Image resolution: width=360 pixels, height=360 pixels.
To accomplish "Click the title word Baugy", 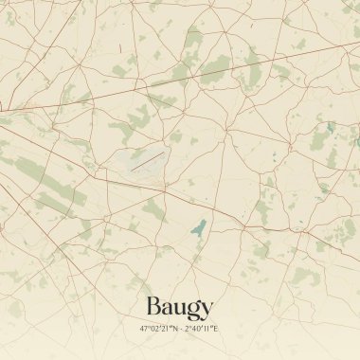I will [x=179, y=308].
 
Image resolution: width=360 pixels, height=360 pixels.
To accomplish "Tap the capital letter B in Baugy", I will [x=154, y=307].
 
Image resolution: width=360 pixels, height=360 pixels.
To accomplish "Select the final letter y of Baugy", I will [x=207, y=311].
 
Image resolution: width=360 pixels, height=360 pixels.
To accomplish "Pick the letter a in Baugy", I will [x=168, y=309].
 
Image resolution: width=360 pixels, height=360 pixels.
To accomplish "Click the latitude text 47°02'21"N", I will [x=157, y=328].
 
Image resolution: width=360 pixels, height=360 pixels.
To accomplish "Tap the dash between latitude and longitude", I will [x=180, y=328].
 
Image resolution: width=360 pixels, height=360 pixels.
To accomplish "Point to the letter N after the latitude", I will [x=173, y=328].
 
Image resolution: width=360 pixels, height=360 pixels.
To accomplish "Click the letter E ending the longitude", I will [x=217, y=328].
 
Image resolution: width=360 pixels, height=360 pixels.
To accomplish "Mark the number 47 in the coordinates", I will [x=143, y=328].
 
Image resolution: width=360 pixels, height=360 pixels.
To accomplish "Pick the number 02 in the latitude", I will [x=153, y=328].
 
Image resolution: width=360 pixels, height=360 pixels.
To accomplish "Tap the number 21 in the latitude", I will [x=165, y=328].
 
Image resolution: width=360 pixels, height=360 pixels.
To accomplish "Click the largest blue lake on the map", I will [x=198, y=227].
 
